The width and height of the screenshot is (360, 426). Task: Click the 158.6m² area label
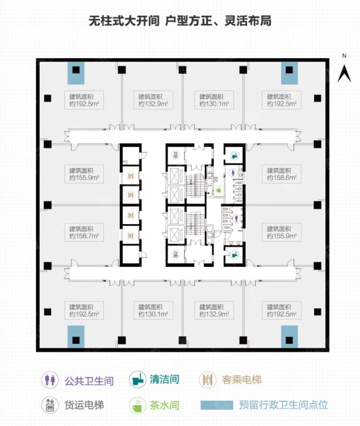(282, 174)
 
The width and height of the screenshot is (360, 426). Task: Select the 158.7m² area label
(84, 232)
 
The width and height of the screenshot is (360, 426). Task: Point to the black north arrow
(344, 73)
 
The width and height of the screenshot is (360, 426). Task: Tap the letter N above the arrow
(344, 56)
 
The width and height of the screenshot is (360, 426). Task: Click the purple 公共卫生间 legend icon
(50, 380)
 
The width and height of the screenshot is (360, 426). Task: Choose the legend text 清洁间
(165, 379)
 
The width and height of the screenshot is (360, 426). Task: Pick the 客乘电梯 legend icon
(207, 380)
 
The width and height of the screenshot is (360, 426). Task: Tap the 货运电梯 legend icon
(50, 405)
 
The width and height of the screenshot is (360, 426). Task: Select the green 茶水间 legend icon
(137, 405)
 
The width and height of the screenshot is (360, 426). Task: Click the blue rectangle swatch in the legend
(217, 405)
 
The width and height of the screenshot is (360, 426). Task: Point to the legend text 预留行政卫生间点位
(284, 405)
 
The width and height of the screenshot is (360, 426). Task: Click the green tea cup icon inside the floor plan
(219, 189)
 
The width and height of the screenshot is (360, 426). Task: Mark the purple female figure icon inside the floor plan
(234, 172)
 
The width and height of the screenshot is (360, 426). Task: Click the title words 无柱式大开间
(124, 21)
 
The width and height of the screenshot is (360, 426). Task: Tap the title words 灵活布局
(248, 21)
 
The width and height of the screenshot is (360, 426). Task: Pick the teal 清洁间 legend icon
(137, 379)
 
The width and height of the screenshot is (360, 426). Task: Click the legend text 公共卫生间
(89, 381)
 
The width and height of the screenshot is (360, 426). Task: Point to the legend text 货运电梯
(84, 405)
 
